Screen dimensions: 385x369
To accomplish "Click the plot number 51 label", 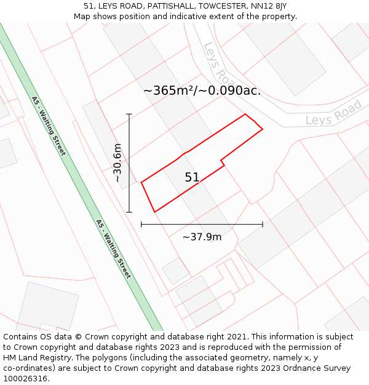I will tap(192, 177).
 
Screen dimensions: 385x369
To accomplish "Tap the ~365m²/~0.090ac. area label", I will tap(202, 91).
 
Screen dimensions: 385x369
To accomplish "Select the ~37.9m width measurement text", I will tap(202, 237).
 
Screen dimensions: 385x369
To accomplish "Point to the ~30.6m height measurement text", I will tap(117, 163).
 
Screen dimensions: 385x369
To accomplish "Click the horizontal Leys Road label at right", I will tap(334, 113).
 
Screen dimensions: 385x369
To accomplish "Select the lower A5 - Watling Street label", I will tap(114, 249).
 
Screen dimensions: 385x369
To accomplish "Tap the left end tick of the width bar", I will tap(141, 224).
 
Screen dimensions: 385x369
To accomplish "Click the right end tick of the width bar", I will tap(263, 224).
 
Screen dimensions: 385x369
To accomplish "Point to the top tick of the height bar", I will tap(129, 114).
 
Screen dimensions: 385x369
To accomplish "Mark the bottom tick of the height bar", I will tap(129, 212).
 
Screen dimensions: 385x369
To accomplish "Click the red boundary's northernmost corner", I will tap(245, 114).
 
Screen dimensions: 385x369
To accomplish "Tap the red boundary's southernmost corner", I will tap(154, 212).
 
